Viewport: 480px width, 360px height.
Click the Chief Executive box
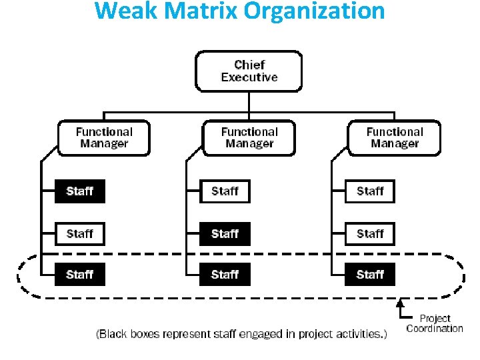pos(249,71)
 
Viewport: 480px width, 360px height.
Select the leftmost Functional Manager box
pos(104,138)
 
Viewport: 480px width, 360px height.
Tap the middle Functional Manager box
pos(249,138)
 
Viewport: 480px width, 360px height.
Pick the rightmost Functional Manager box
pos(395,138)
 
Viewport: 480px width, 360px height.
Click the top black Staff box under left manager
pos(80,192)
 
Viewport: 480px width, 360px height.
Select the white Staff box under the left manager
pos(80,234)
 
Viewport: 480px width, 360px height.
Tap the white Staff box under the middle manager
pos(225,192)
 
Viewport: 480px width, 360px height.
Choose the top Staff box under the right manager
pos(370,192)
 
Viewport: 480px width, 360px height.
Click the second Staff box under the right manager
pos(370,234)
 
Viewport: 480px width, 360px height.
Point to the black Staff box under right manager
pos(370,275)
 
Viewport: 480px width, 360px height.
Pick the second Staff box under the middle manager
pos(225,234)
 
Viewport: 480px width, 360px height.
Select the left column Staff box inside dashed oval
pos(80,275)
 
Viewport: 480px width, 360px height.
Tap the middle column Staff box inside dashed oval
pos(225,275)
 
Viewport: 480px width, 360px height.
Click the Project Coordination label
pos(435,323)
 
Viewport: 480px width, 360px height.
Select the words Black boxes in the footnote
pos(129,334)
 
